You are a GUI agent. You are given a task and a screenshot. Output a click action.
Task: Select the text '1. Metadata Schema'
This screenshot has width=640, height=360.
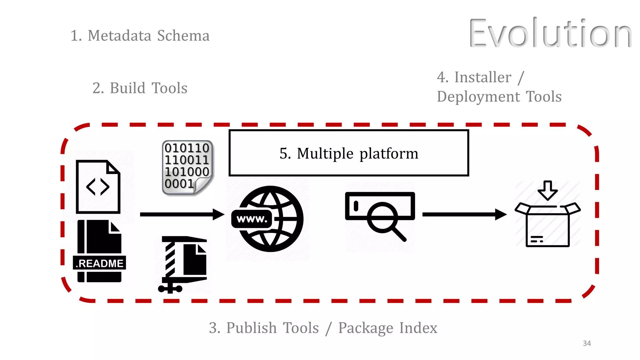coord(140,36)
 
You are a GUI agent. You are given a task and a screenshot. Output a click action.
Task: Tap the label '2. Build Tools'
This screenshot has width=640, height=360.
coord(140,88)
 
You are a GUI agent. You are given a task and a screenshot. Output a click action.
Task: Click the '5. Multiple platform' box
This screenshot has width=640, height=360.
coord(348,153)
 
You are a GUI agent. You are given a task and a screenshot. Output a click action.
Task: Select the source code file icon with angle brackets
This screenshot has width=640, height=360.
coord(98,187)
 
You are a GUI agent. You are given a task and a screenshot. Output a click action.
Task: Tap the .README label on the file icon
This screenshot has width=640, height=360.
coord(99,263)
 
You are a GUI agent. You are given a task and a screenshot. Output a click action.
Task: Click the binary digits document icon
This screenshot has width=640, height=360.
coord(187,167)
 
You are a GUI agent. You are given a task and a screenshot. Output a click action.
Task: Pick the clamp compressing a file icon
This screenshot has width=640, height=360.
coord(183,264)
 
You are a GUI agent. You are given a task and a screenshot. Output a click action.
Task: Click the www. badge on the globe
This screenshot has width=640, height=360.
coord(252,219)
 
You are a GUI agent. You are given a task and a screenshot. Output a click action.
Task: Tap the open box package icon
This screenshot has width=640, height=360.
coord(547,225)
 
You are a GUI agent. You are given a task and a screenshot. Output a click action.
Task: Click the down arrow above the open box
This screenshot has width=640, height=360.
coord(547,190)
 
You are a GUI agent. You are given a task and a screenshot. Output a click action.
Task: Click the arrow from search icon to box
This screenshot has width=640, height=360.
coord(464,214)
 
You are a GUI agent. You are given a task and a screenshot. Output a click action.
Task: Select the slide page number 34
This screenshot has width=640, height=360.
coord(587,343)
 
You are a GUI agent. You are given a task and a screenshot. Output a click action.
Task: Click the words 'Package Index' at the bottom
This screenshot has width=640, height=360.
coord(387,328)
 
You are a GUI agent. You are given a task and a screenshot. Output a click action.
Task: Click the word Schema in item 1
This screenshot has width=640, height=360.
coord(183,36)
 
